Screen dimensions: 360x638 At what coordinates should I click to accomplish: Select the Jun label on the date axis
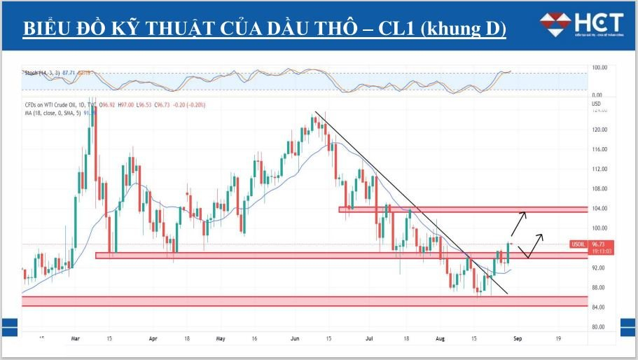[x=295, y=338]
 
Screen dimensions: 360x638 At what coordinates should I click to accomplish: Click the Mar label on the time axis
[x=76, y=338]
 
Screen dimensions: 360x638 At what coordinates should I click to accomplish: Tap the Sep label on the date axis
[x=517, y=338]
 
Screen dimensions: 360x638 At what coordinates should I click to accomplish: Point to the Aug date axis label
[x=441, y=338]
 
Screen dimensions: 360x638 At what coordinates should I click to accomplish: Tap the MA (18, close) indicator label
[x=53, y=112]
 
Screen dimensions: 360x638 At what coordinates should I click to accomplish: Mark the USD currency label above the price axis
[x=597, y=104]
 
